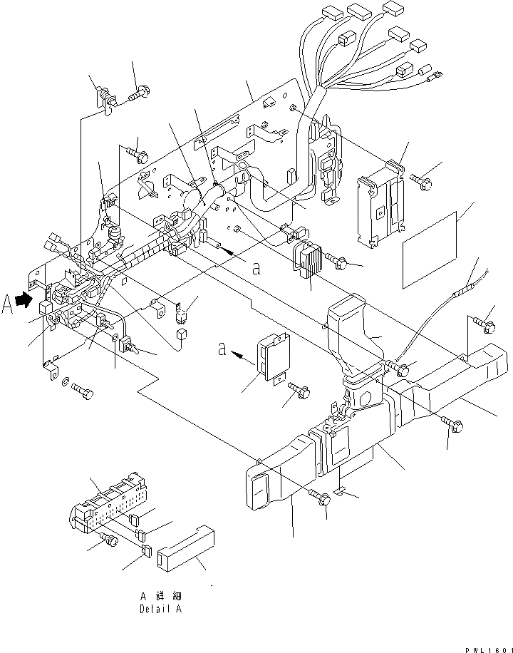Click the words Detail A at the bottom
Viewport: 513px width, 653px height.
[162, 610]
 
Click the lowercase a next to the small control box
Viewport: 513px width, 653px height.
[223, 350]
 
